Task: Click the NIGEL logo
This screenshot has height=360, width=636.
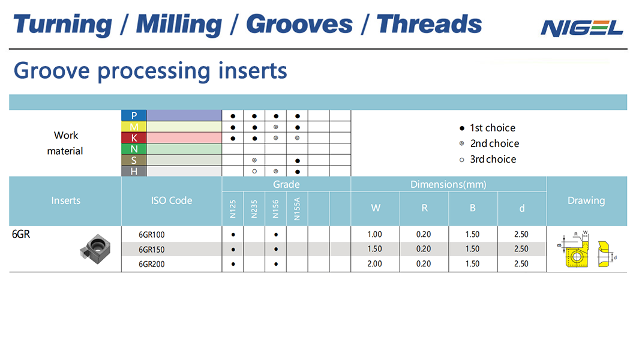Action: tap(581, 28)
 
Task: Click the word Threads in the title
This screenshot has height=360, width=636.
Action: tap(429, 24)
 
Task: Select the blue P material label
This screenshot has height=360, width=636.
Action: tap(134, 116)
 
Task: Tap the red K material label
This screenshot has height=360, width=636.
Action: tap(134, 138)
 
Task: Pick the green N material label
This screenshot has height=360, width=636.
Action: tap(134, 149)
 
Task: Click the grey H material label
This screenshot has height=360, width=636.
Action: tap(134, 171)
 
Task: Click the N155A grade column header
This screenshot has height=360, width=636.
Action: tap(297, 209)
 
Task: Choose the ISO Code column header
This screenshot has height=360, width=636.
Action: tap(172, 200)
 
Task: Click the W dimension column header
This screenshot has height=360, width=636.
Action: tap(376, 208)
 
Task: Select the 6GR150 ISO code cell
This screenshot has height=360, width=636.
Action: tap(152, 250)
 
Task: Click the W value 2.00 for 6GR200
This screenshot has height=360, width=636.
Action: tap(375, 264)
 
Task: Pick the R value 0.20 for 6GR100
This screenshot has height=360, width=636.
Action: tap(424, 235)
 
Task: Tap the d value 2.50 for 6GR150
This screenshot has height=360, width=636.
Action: tap(521, 249)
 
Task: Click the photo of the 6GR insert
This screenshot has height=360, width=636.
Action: tap(95, 248)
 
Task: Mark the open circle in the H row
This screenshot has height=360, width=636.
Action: tap(254, 172)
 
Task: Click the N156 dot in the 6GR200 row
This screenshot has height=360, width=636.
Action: tap(276, 265)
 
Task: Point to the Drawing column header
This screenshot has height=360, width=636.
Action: tap(586, 200)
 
